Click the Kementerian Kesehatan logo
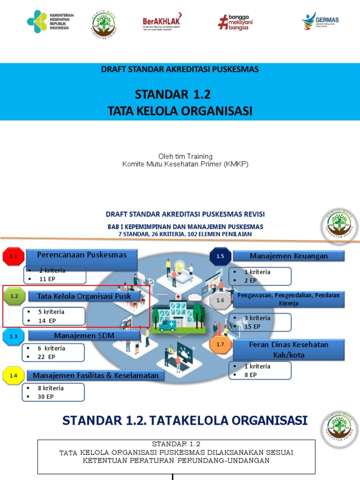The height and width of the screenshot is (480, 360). (48, 22)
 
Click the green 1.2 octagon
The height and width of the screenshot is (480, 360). (14, 296)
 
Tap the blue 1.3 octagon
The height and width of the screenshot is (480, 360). (14, 336)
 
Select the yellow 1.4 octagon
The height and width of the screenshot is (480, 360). (14, 375)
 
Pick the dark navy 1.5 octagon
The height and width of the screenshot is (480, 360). (220, 256)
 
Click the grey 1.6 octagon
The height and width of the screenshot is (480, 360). (220, 300)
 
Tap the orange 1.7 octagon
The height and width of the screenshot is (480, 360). (220, 345)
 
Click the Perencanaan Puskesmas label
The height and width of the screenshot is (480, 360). (82, 255)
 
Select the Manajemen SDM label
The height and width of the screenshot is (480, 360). (84, 336)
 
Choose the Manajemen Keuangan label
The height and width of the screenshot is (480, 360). (288, 256)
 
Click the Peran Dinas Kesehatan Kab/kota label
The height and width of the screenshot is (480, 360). (288, 350)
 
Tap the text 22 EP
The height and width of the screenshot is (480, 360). (47, 357)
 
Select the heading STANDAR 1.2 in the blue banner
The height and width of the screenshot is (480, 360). (173, 95)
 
